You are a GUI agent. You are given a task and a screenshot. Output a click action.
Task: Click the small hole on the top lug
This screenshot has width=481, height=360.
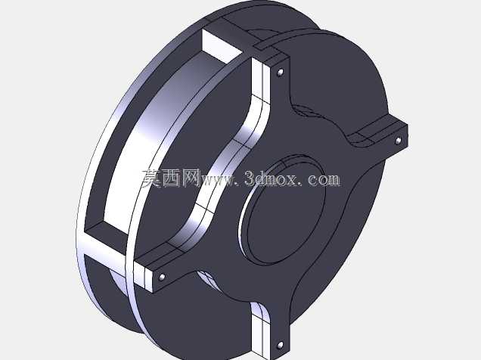pos(280,73)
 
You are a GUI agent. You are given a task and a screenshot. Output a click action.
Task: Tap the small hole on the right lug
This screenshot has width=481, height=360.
pos(398,141)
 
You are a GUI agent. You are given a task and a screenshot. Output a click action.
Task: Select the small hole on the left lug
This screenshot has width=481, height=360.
pos(162,278)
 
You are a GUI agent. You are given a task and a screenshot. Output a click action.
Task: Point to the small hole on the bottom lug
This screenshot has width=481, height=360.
pos(280,346)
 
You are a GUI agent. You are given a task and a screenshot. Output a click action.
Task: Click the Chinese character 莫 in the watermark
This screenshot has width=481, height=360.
pos(152,178)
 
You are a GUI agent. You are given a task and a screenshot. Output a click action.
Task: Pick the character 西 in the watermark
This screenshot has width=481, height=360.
pos(172,178)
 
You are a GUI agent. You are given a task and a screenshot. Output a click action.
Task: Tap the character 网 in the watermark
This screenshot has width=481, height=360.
pos(191,178)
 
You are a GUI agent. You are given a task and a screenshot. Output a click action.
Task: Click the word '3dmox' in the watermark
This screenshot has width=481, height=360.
pos(272,178)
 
